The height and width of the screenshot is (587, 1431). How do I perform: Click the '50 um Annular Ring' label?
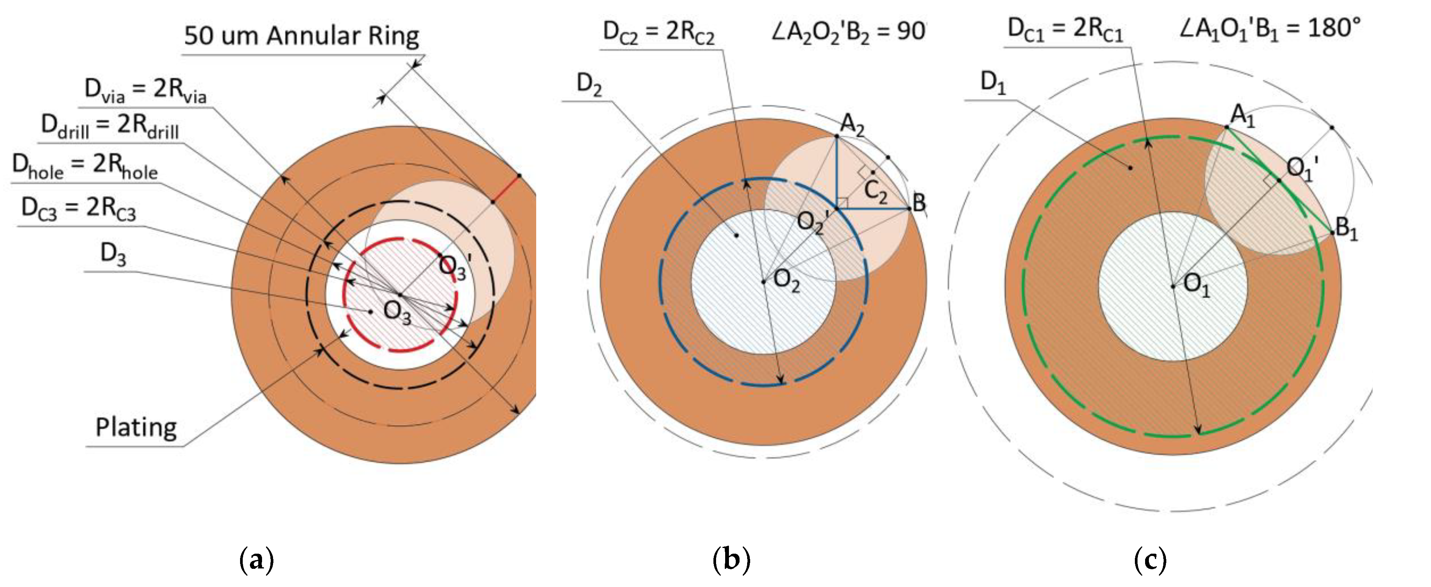click(x=302, y=36)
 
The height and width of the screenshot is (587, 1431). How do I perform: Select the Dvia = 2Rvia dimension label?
click(x=145, y=90)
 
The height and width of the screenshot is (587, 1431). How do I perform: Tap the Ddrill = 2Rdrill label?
click(x=110, y=126)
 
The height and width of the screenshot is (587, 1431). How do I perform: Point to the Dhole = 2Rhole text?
click(x=85, y=166)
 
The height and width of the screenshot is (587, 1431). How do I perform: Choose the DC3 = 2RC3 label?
click(x=78, y=209)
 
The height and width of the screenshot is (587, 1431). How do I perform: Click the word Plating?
click(x=136, y=428)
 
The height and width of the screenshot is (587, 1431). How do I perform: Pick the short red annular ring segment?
click(x=506, y=189)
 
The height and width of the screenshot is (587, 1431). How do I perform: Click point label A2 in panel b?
click(x=852, y=124)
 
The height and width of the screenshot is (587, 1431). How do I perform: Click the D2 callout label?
click(x=589, y=84)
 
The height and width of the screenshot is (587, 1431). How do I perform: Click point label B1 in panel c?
click(x=1347, y=228)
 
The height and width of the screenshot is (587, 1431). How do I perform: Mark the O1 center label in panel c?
click(x=1196, y=286)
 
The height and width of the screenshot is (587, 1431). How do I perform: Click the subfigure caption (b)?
click(x=731, y=560)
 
